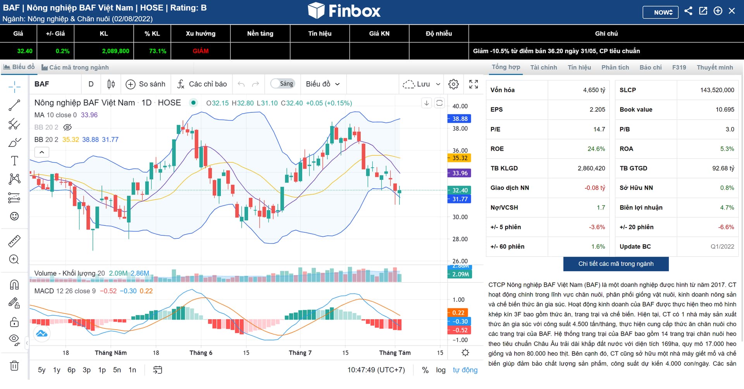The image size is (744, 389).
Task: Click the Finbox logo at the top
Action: click(x=344, y=10)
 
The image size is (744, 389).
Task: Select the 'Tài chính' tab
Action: click(x=543, y=67)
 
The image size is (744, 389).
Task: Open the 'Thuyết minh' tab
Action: click(x=715, y=67)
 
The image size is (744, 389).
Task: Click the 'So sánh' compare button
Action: click(x=146, y=84)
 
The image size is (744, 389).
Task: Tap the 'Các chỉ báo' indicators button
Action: click(x=202, y=84)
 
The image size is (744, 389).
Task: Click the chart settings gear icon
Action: click(x=453, y=84)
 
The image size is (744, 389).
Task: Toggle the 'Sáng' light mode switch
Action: click(x=283, y=84)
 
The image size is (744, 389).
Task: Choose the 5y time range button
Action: click(x=41, y=370)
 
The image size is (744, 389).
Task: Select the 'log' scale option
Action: click(x=441, y=370)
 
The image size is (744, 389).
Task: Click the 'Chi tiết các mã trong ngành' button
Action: click(x=616, y=264)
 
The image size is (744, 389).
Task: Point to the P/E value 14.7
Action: click(x=599, y=129)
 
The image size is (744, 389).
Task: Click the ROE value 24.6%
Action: click(x=596, y=149)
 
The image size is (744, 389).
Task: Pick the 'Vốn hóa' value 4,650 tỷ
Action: click(x=594, y=90)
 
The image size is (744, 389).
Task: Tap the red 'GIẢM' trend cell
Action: click(x=201, y=51)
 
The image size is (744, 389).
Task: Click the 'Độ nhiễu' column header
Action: click(x=439, y=34)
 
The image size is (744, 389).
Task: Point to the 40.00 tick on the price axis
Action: click(x=460, y=106)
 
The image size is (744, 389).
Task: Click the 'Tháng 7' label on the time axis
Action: click(x=300, y=353)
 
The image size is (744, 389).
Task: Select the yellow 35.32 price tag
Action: click(x=460, y=158)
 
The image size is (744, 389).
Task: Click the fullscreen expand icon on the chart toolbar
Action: click(x=474, y=84)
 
